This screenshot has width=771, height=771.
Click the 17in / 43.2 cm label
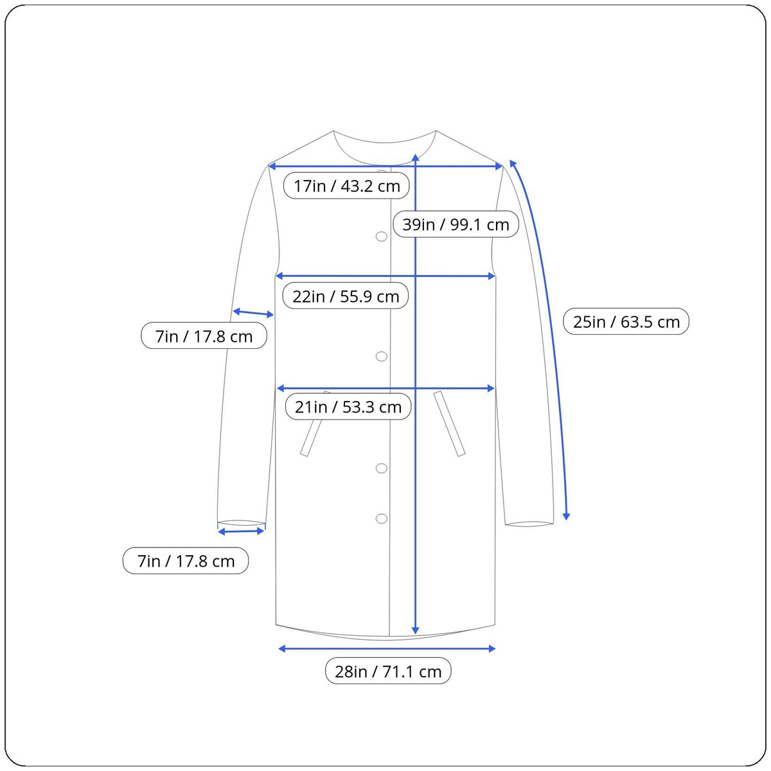(x=346, y=186)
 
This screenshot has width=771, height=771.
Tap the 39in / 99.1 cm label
(x=456, y=224)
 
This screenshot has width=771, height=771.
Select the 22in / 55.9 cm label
(x=345, y=296)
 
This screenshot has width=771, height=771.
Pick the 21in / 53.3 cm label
(x=348, y=407)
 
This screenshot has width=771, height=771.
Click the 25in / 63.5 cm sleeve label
(x=626, y=321)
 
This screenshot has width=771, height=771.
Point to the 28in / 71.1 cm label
(x=388, y=671)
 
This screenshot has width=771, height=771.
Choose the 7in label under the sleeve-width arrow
(x=204, y=336)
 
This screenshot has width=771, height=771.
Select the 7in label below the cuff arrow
(x=186, y=561)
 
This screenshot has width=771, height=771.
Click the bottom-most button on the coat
(x=381, y=519)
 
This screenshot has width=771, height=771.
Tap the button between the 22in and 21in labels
(x=381, y=357)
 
